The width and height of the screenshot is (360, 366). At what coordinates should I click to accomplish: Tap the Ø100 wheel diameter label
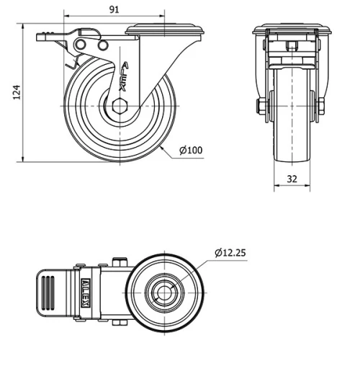coord(191,151)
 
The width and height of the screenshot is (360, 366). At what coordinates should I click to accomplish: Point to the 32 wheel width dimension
coord(292,179)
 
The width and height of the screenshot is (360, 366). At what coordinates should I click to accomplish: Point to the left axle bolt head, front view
coord(259,108)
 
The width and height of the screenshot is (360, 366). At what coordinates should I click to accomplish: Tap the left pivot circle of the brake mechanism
coord(79,46)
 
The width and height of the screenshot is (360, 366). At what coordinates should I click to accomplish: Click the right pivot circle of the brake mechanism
coord(102,46)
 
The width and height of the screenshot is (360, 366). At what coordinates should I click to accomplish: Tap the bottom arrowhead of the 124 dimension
coord(24,160)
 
